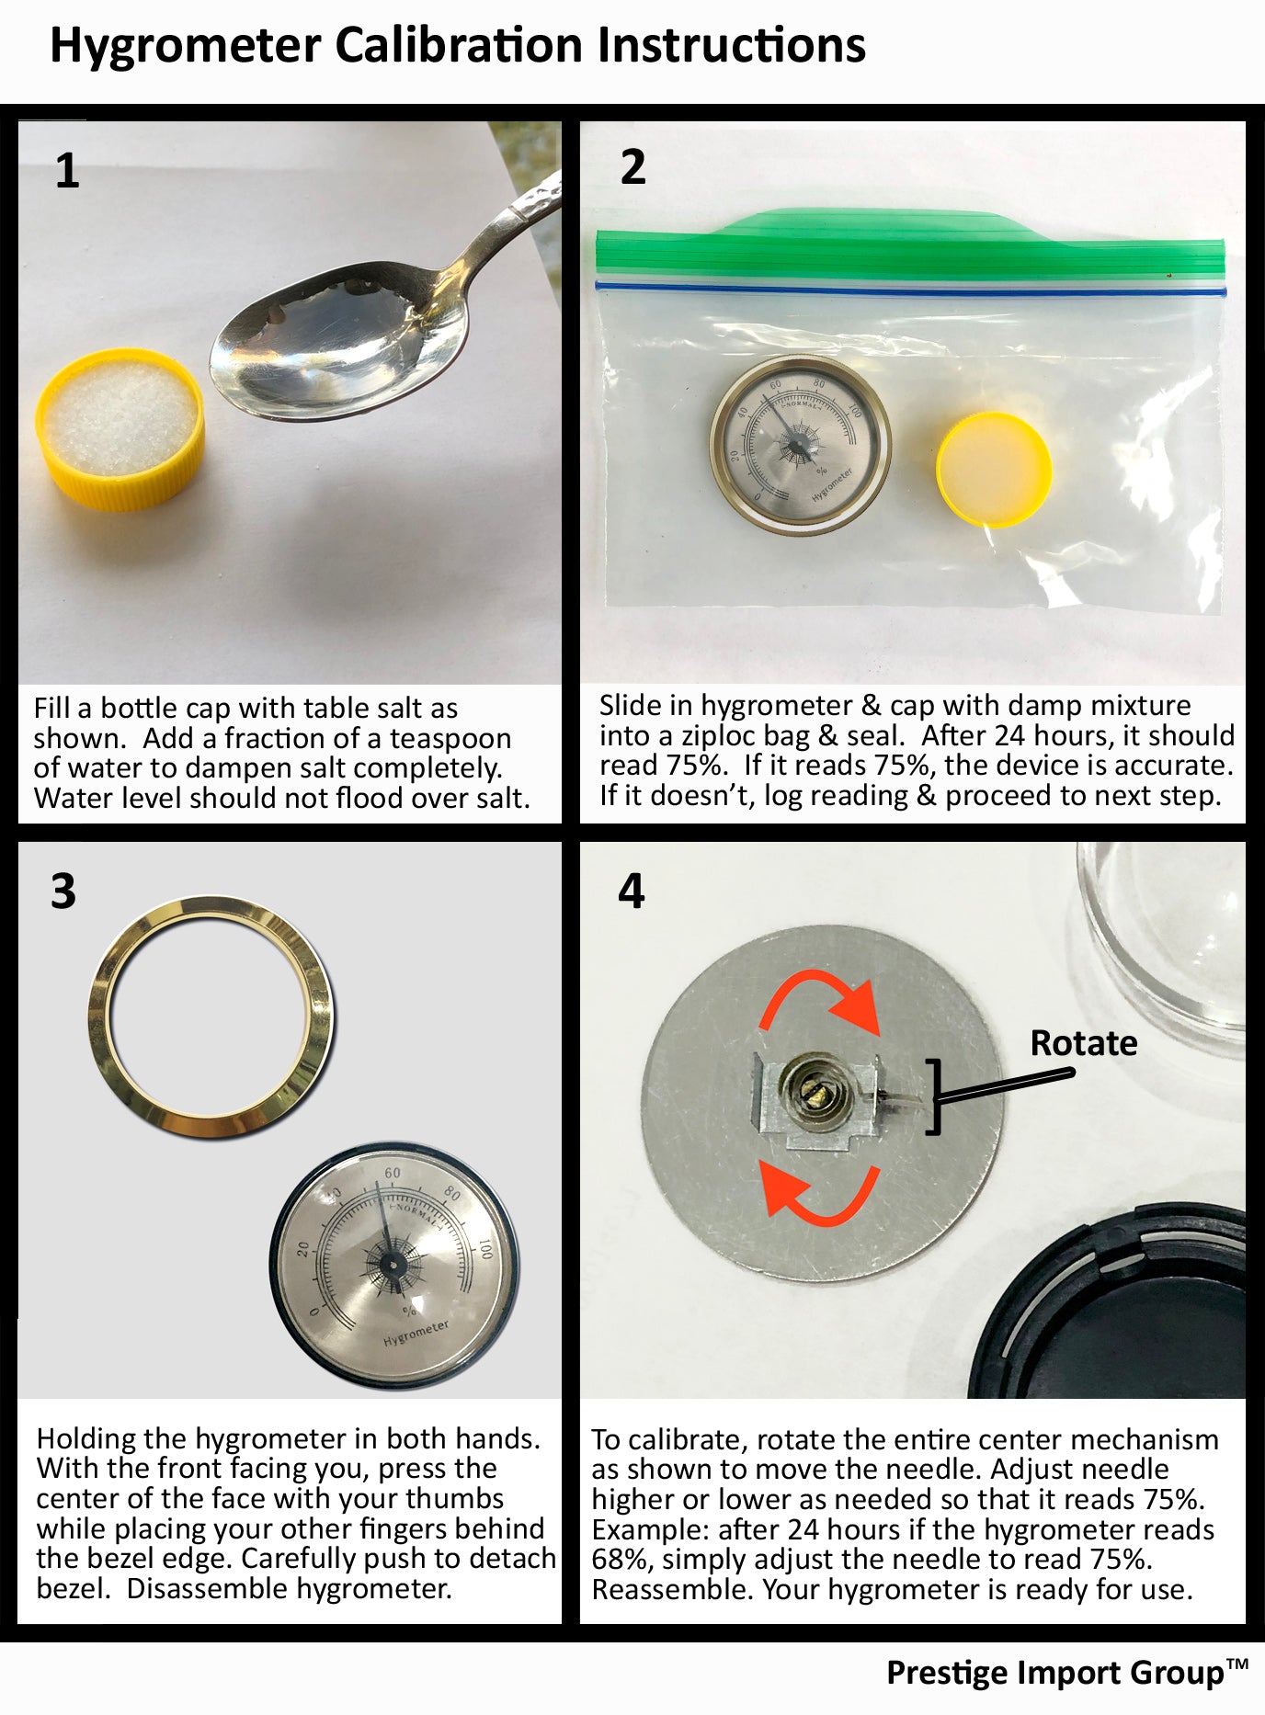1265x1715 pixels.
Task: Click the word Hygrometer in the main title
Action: click(185, 46)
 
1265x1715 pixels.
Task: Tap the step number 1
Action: click(67, 171)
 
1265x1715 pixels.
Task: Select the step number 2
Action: click(632, 167)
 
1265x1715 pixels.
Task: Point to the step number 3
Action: click(63, 892)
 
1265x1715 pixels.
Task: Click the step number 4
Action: click(632, 891)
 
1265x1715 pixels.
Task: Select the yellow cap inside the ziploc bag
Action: click(994, 469)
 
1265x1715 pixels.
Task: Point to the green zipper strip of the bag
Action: click(910, 245)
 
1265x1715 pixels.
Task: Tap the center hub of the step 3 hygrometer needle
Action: click(393, 1266)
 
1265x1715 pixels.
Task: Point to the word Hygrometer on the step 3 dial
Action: click(416, 1334)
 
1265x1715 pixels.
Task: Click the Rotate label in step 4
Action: click(1084, 1043)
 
